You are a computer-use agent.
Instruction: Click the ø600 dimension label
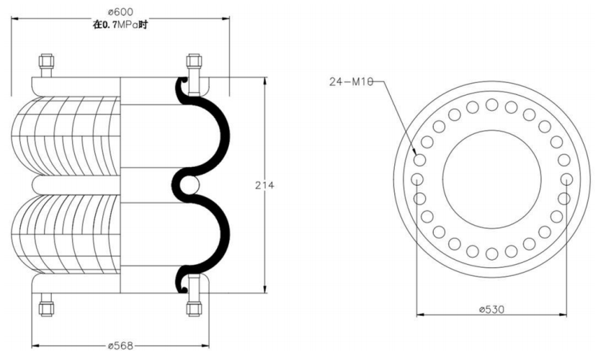tap(120, 12)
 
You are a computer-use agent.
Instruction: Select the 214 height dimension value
tap(264, 186)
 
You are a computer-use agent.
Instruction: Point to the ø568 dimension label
tap(120, 346)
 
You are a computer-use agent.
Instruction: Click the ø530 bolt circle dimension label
tap(491, 310)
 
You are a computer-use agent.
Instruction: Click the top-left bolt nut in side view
tap(46, 61)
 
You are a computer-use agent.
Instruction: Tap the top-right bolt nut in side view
tap(194, 61)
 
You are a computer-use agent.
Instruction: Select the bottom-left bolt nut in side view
tap(46, 308)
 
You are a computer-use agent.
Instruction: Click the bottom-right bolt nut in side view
tap(194, 308)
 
